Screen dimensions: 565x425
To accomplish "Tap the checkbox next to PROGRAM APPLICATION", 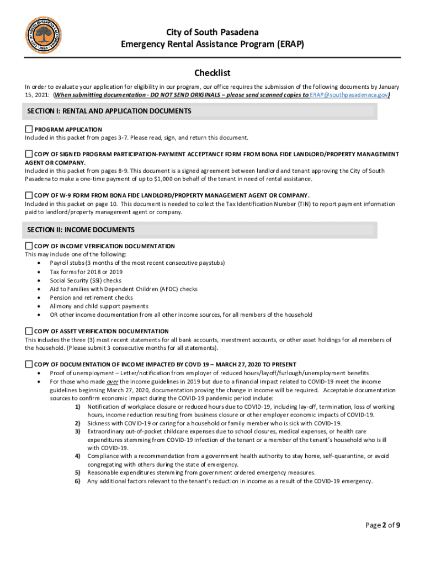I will (x=29, y=129).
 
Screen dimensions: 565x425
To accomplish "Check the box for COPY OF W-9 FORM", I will (x=29, y=195).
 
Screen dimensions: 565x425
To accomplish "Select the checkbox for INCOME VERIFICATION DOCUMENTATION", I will (x=29, y=246).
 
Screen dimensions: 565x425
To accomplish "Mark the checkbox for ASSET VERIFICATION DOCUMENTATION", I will (x=29, y=331).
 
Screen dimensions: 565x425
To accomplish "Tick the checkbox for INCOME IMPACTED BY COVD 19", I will (x=29, y=364).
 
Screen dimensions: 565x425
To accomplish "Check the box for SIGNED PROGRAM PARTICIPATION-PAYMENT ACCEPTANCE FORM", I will (x=29, y=153).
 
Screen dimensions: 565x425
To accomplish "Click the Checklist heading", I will (x=212, y=73).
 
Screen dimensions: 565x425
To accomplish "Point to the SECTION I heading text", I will (x=109, y=111).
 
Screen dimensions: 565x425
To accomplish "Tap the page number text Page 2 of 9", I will (x=382, y=525).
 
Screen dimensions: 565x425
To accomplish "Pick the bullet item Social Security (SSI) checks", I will (x=86, y=280).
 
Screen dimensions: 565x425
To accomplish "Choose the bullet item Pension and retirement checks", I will (x=91, y=297).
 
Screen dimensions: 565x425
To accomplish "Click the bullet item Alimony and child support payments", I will (x=99, y=306).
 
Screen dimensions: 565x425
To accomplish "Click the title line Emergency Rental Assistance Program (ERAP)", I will (x=212, y=44).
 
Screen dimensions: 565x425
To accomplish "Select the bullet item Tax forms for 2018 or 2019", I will (x=86, y=272).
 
